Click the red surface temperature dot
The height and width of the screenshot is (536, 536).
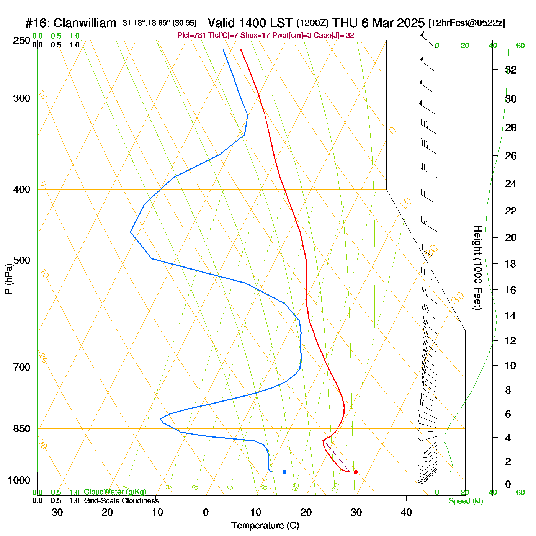pos(356,472)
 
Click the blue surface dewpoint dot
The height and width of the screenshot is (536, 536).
pos(284,472)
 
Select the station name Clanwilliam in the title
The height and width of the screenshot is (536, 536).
pos(85,23)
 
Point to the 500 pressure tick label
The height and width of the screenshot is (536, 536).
pos(22,260)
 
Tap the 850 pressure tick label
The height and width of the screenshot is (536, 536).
pos(22,429)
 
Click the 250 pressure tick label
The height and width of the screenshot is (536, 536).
pos(22,41)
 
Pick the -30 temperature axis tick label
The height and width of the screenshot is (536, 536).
pos(56,512)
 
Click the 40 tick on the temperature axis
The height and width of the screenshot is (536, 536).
pos(406,512)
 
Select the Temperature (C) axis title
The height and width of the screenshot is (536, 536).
pos(265,526)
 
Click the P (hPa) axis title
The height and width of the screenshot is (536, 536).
pos(8,278)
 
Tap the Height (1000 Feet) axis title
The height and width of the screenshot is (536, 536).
pos(477,268)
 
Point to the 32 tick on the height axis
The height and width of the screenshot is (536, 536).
pos(511,70)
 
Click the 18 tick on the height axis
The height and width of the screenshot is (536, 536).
pos(511,264)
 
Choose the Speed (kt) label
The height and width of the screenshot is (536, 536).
pos(466,501)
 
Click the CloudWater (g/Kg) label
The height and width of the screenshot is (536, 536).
pos(115,492)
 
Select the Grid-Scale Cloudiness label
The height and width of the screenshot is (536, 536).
pos(121,501)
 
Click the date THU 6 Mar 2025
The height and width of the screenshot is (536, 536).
pos(378,23)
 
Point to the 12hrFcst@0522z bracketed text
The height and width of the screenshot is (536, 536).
pos(467,23)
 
